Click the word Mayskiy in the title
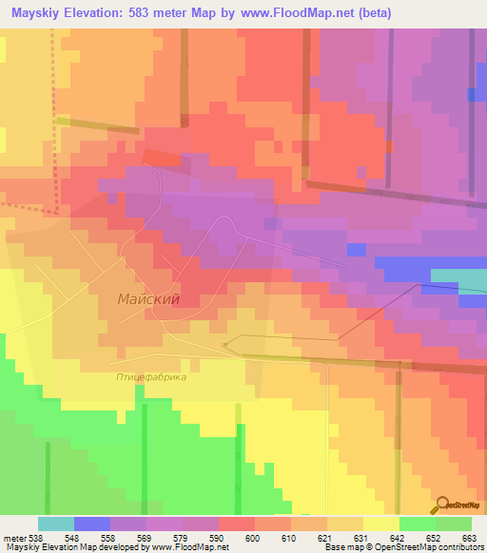41,13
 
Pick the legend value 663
470,538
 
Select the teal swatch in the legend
56,524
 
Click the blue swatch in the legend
92,524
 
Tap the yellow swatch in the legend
381,524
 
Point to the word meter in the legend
12,538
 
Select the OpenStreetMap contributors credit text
433,547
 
